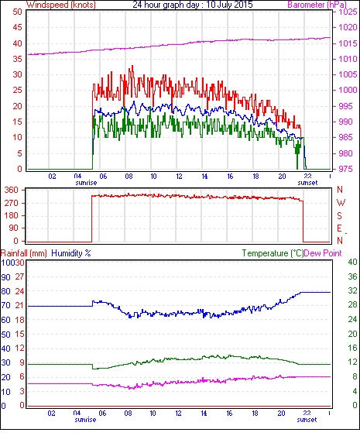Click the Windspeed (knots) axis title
tap(61, 5)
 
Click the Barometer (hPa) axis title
tap(317, 5)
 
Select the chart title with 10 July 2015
tap(193, 5)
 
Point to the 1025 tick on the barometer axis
tap(348, 12)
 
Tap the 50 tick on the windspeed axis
tap(17, 12)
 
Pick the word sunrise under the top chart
tap(86, 183)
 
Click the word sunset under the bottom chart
tap(307, 420)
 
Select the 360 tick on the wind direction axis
tap(12, 191)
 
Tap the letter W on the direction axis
tap(341, 203)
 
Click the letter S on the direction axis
tap(339, 215)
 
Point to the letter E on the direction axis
tap(339, 228)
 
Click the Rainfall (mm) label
tap(24, 253)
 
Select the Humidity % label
tap(71, 253)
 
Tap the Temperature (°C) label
tap(273, 253)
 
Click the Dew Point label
tap(323, 253)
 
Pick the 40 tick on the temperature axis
tap(352, 262)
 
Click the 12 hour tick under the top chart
tap(179, 177)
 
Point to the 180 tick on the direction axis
tap(12, 215)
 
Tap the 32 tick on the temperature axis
tap(352, 290)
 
